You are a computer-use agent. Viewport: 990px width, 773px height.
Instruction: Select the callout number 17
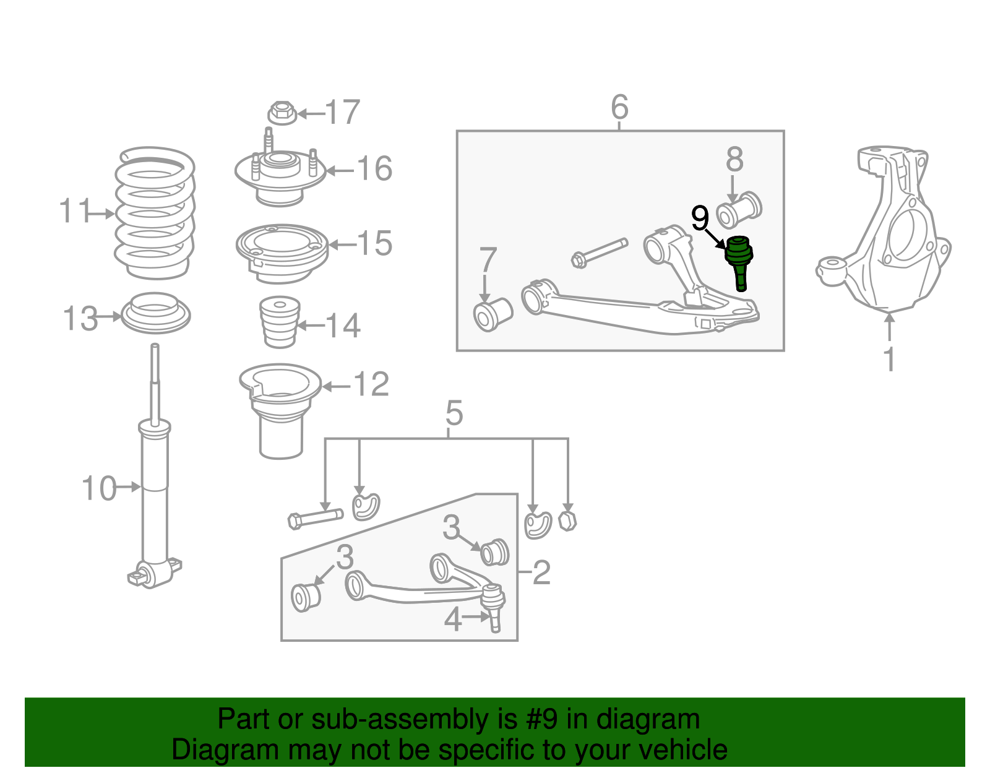click(342, 113)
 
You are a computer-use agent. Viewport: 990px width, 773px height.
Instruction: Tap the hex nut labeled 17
click(282, 113)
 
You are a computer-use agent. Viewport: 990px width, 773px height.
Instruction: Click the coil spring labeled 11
click(155, 214)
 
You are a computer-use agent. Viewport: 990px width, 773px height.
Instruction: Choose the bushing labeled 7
click(493, 314)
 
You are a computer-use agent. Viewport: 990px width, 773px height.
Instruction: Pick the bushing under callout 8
click(739, 210)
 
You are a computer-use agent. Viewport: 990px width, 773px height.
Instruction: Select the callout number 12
click(371, 385)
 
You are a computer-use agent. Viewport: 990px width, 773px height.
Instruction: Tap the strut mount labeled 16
click(280, 175)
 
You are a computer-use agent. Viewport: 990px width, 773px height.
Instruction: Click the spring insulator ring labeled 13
click(155, 314)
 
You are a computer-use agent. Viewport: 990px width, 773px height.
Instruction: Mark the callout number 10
click(99, 489)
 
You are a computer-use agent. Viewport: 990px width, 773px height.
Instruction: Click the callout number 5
click(454, 413)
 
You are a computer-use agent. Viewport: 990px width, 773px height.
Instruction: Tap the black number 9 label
click(700, 218)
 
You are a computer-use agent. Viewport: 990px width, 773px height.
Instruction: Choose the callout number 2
click(541, 572)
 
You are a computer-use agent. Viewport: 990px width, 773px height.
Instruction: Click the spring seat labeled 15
click(282, 251)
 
